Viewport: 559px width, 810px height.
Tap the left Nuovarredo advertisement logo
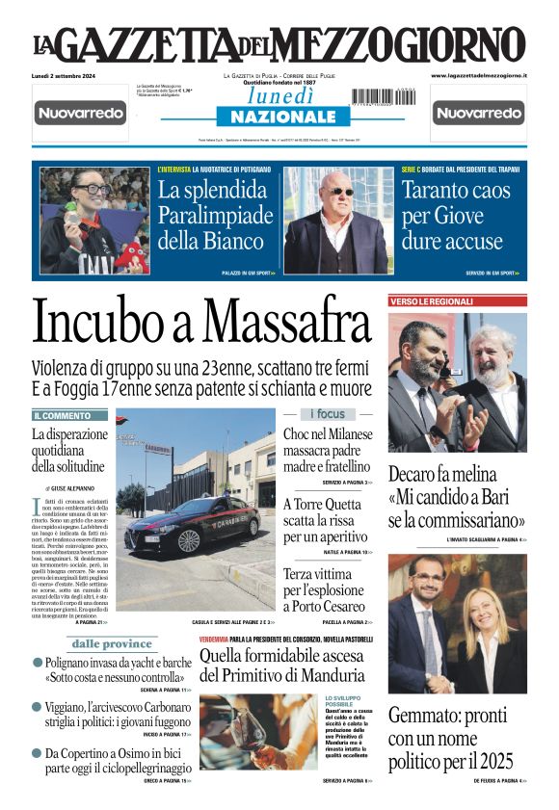pyautogui.click(x=80, y=114)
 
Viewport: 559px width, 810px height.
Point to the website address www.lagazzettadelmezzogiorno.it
pyautogui.click(x=478, y=75)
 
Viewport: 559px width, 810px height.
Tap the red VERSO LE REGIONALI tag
pyautogui.click(x=432, y=301)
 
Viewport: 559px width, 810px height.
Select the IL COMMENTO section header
pyautogui.click(x=69, y=415)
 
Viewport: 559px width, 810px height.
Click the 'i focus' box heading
pyautogui.click(x=327, y=414)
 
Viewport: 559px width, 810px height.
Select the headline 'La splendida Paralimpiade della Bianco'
pyautogui.click(x=212, y=214)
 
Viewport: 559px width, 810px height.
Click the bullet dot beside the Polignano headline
pyautogui.click(x=38, y=664)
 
